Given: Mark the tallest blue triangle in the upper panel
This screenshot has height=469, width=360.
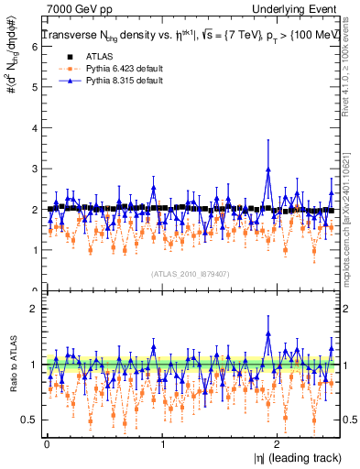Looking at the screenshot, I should [267, 169].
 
